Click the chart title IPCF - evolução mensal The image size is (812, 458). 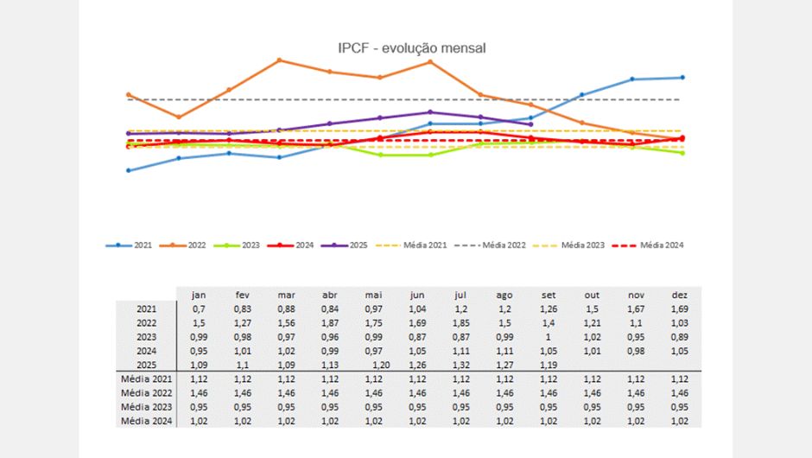tap(411, 48)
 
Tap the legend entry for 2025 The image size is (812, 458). tap(356, 245)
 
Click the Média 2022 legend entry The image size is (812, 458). tap(504, 245)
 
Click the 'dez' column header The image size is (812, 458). tap(679, 295)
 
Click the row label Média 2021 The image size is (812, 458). tap(148, 378)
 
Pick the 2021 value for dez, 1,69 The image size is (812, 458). tap(679, 309)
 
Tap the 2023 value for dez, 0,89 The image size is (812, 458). tap(679, 337)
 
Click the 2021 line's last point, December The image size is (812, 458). tap(682, 77)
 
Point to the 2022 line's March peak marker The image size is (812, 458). tap(280, 60)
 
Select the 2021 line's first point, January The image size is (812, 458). tap(129, 170)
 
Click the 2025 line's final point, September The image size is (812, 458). tap(530, 124)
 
